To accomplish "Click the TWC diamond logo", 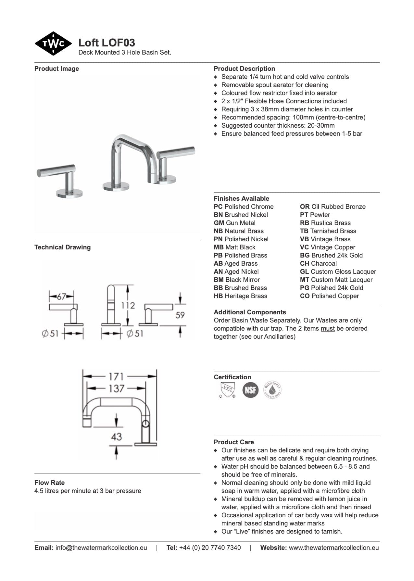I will point(53,44).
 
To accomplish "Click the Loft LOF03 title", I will point(107,43).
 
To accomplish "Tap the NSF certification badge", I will point(250,389).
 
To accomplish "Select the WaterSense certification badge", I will point(272,389).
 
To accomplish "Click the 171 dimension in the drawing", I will point(116,376).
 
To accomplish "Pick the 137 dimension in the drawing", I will point(116,388).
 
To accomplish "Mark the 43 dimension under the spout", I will point(116,436).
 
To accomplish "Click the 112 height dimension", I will point(128,305).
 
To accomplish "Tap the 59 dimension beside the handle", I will point(180,315).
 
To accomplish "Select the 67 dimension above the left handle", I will point(61,297).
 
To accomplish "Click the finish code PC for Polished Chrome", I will point(218,207).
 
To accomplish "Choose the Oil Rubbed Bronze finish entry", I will point(332,207).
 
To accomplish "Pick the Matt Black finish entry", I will point(234,247).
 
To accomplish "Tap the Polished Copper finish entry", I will point(329,296).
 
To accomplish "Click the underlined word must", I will point(327,328).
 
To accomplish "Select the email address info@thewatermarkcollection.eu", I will point(101,548).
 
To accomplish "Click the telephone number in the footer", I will point(210,548).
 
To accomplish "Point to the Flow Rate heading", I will point(49,483).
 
